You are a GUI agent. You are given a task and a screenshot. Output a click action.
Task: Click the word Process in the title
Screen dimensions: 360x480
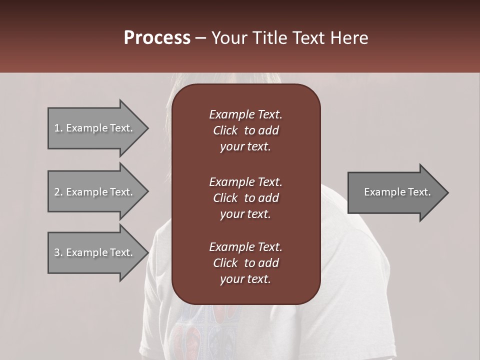[x=157, y=38]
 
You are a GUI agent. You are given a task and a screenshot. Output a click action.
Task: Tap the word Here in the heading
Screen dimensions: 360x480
[x=349, y=38]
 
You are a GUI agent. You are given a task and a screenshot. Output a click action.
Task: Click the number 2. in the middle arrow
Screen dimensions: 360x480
[x=58, y=192]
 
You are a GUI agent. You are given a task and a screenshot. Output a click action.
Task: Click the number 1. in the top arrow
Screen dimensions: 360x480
[x=58, y=128]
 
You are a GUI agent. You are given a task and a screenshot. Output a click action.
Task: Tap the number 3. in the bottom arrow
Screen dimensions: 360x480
[x=58, y=252]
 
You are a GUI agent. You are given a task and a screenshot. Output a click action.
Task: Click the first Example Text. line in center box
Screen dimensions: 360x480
[x=245, y=114]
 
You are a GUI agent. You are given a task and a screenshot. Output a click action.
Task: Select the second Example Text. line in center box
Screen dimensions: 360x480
[x=245, y=182]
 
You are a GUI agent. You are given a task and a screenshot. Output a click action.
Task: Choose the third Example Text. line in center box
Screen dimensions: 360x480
[x=245, y=247]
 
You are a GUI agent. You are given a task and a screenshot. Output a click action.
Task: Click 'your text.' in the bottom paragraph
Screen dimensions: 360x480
[x=245, y=279]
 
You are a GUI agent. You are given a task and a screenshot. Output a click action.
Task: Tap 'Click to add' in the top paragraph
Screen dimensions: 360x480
[x=245, y=130]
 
